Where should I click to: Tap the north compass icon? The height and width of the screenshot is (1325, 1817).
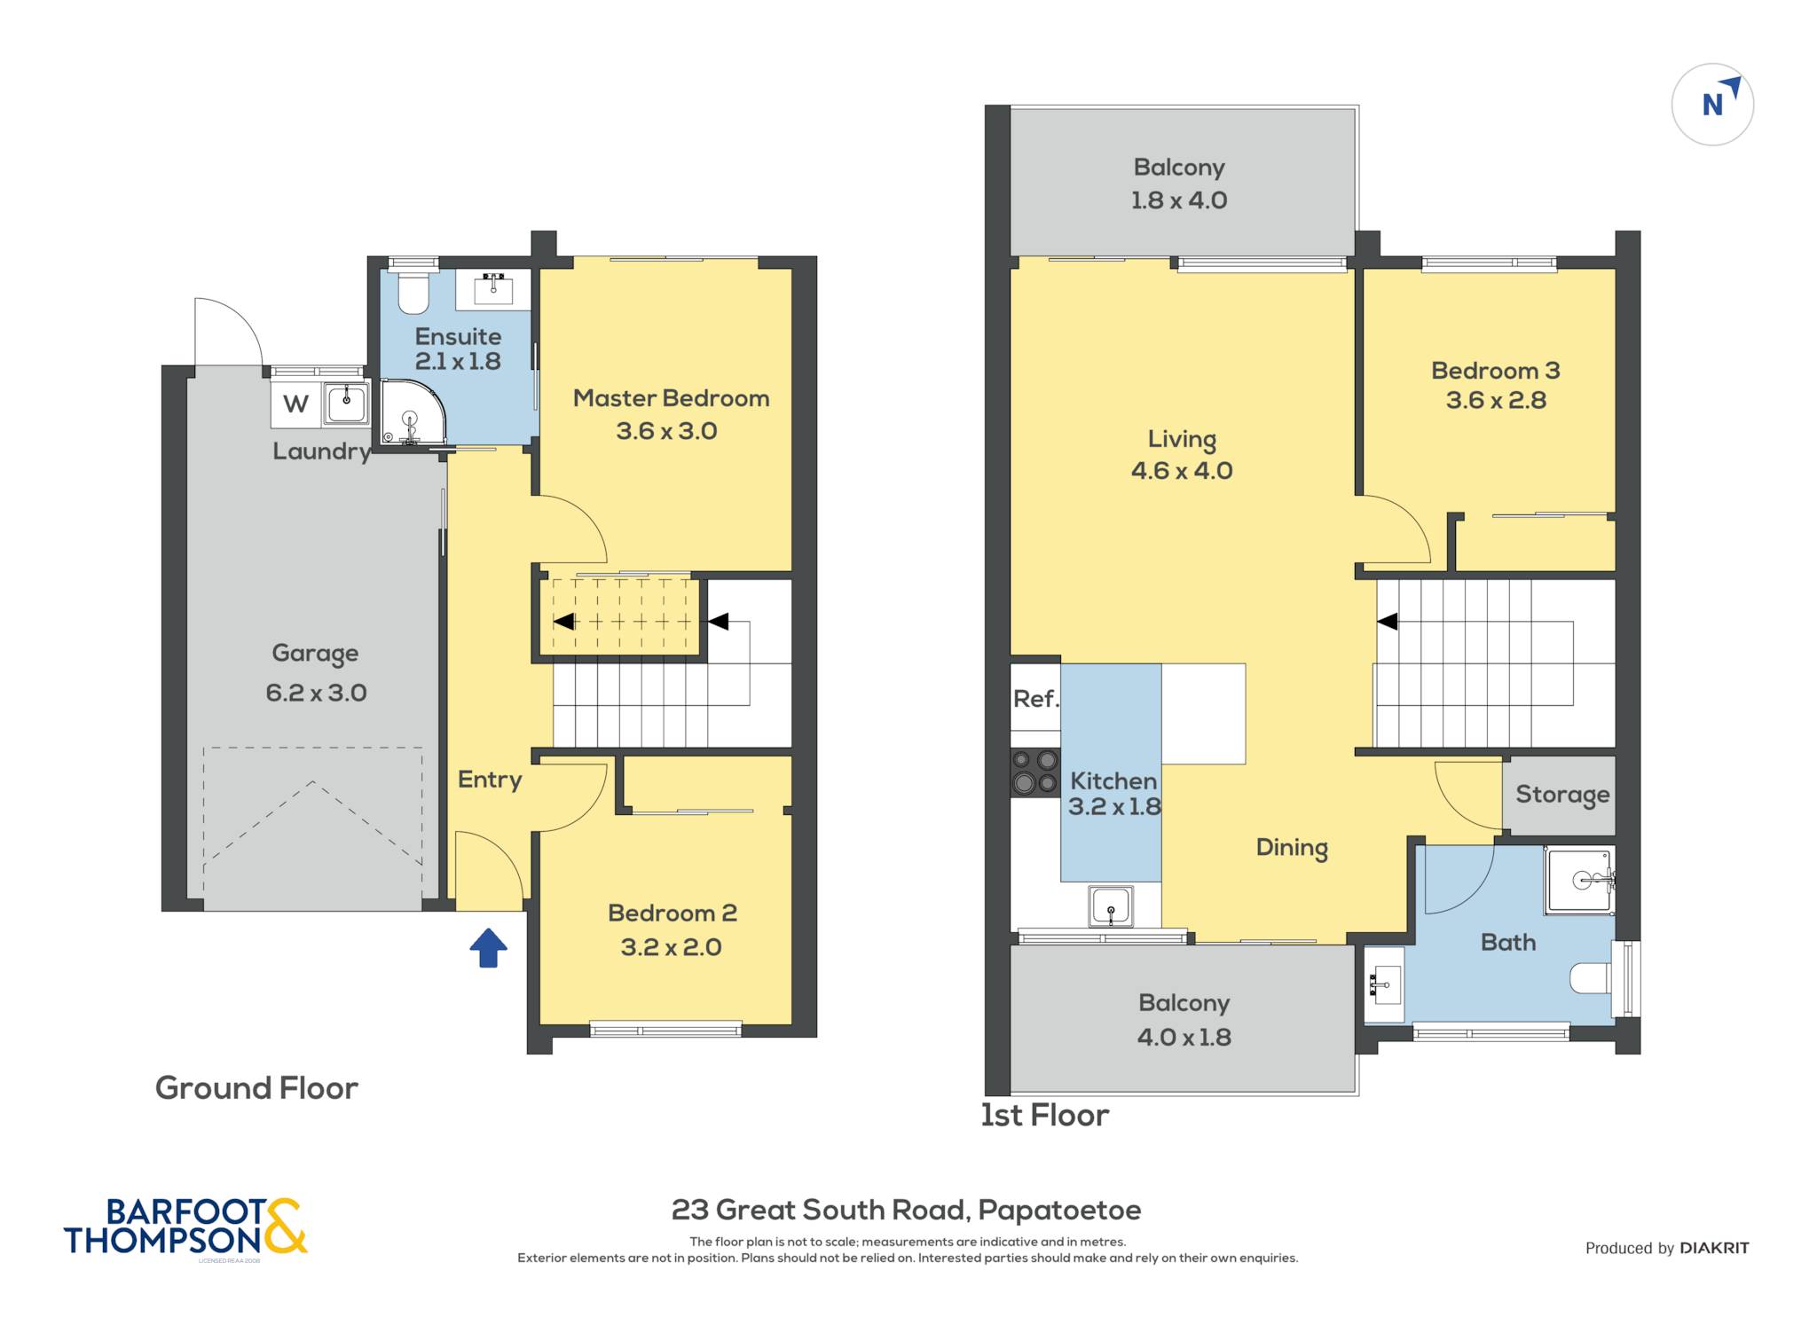1712,105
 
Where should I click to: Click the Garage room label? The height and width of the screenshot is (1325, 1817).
315,654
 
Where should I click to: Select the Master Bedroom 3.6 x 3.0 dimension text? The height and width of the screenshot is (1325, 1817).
666,431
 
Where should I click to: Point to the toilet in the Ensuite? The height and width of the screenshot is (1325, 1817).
413,294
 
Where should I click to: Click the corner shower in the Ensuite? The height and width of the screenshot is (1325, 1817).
412,412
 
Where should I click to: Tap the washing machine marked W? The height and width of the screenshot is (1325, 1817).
295,404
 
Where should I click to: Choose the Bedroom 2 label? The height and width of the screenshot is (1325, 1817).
673,913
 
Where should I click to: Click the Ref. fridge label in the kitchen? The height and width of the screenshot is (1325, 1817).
1036,699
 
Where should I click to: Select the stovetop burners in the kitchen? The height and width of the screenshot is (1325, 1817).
1035,772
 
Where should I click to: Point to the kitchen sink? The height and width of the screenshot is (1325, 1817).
1111,906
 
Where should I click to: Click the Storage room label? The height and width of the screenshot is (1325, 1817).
1562,795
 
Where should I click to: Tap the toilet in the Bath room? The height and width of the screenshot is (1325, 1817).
1592,978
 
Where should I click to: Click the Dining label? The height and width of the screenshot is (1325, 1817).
1292,848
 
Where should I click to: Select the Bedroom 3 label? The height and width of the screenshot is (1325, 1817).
1496,371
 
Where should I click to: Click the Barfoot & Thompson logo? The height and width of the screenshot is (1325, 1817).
185,1227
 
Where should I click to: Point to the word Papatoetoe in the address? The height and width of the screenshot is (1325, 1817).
1059,1211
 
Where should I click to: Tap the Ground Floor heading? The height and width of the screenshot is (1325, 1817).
256,1088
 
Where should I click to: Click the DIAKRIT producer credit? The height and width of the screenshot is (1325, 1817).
1714,1249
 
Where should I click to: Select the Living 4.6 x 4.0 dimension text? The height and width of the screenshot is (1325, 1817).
1182,471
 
